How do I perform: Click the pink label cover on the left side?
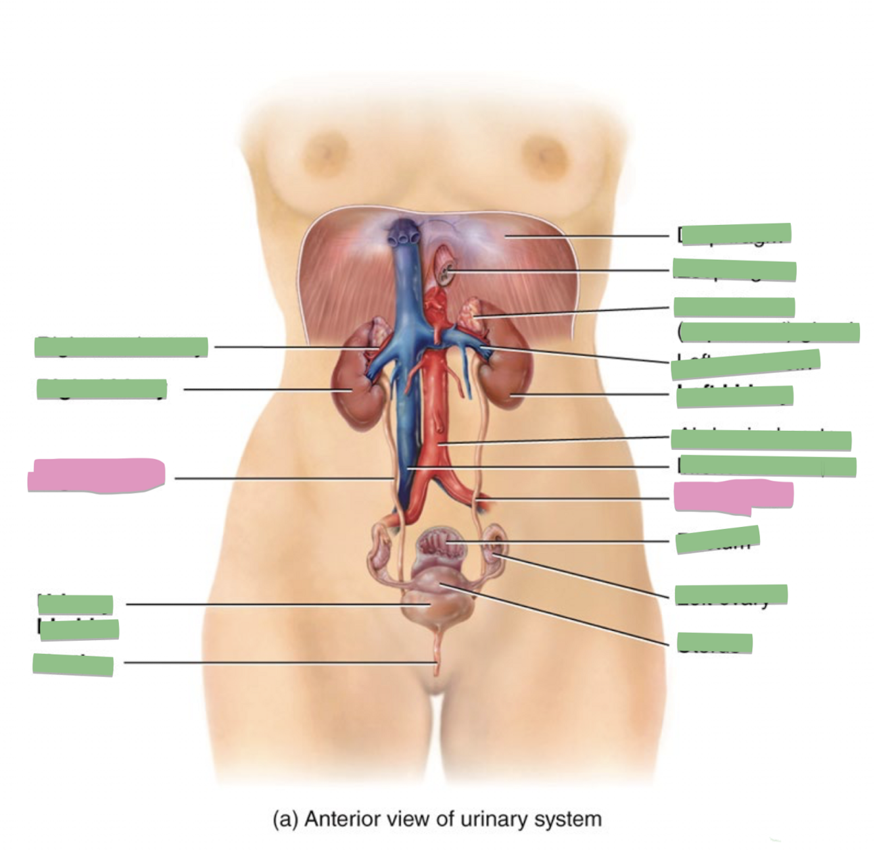[97, 475]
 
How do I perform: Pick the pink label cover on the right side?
[733, 497]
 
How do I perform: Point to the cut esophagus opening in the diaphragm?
[446, 270]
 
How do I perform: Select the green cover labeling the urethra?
[73, 664]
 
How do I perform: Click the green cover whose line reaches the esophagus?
[734, 270]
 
